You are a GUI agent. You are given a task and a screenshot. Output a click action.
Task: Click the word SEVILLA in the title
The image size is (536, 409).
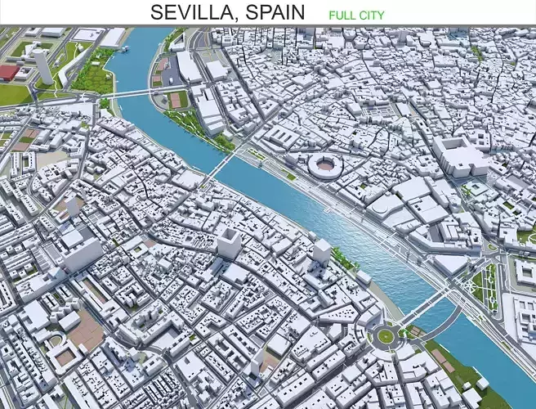[x=190, y=12]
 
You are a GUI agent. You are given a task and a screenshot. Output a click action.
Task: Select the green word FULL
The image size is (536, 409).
[x=342, y=15]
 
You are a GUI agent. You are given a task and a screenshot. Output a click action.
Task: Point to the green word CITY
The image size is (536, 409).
[x=372, y=15]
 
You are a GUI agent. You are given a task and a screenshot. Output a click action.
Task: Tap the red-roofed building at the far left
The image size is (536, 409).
[x=8, y=73]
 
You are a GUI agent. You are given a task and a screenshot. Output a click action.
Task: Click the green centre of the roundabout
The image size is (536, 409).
[x=385, y=335]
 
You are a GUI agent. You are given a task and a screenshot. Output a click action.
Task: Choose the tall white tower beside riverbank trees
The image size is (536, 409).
[x=322, y=254]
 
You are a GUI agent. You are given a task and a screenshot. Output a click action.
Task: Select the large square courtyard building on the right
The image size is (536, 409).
[x=462, y=155]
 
